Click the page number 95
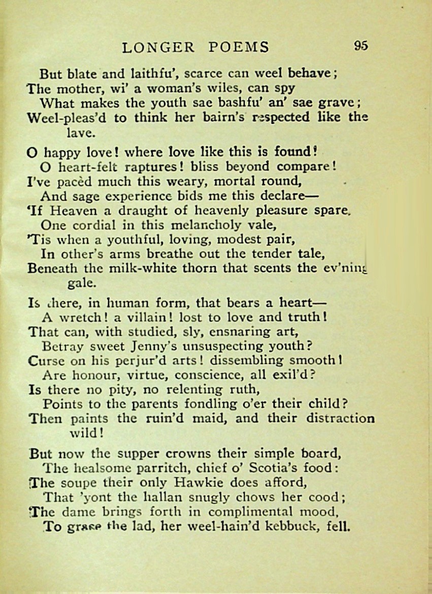coord(360,46)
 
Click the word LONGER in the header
coord(158,47)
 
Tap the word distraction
coord(340,419)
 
